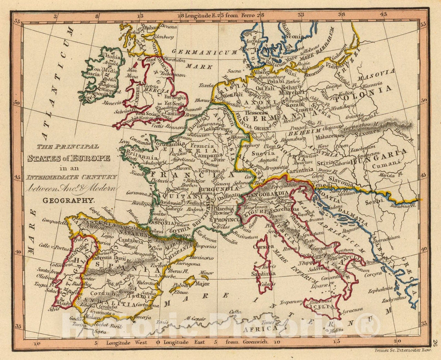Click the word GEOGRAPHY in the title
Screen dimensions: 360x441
[69, 201]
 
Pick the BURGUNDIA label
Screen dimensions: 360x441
[219, 190]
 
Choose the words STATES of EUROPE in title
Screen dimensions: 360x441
[69, 158]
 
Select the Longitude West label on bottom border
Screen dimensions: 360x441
[124, 342]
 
